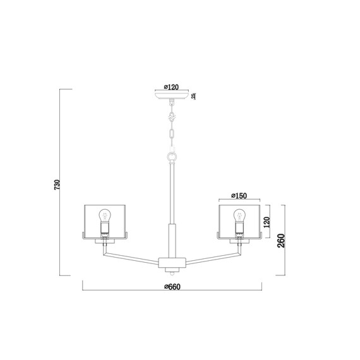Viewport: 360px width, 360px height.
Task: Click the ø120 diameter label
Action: [172, 88]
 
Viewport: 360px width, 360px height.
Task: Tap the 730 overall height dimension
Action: [56, 185]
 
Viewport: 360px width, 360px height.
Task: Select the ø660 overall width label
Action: [172, 287]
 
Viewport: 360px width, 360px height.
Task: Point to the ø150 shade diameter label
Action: [239, 196]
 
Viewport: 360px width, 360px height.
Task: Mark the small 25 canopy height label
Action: [194, 97]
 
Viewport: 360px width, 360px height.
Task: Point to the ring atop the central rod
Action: [172, 156]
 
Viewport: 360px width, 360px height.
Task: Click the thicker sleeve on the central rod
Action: [172, 239]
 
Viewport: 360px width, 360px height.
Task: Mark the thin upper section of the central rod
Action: [172, 193]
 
